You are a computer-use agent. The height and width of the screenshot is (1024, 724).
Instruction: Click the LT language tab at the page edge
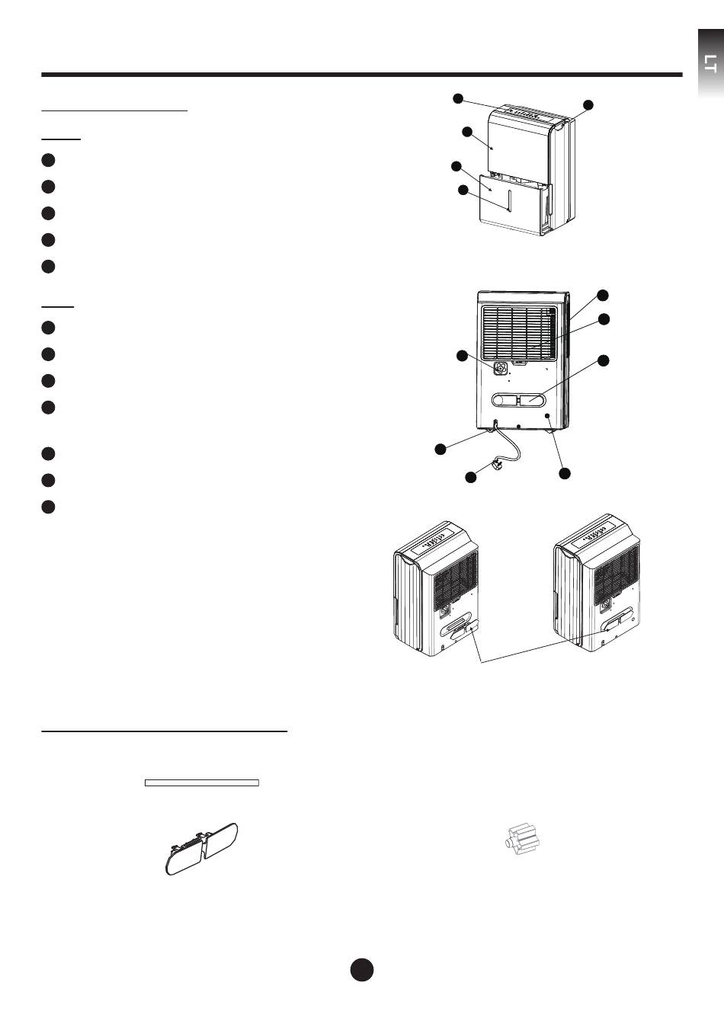coord(710,64)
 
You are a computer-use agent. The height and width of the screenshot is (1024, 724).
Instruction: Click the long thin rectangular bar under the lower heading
coord(202,782)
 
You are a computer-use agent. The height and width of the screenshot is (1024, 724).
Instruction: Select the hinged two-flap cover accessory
coord(202,848)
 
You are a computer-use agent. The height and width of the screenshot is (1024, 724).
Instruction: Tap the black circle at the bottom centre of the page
coord(362,969)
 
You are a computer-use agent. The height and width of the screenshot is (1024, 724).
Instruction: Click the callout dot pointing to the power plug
coord(471,477)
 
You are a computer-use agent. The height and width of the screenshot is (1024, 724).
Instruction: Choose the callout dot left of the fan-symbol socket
coord(461,356)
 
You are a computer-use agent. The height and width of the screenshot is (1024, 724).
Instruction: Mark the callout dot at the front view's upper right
coord(588,104)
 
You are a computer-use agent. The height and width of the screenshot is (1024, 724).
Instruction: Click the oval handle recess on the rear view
coord(521,398)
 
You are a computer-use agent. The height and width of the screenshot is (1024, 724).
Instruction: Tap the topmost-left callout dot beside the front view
coord(457,98)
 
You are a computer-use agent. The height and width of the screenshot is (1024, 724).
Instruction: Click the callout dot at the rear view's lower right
coord(564,473)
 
